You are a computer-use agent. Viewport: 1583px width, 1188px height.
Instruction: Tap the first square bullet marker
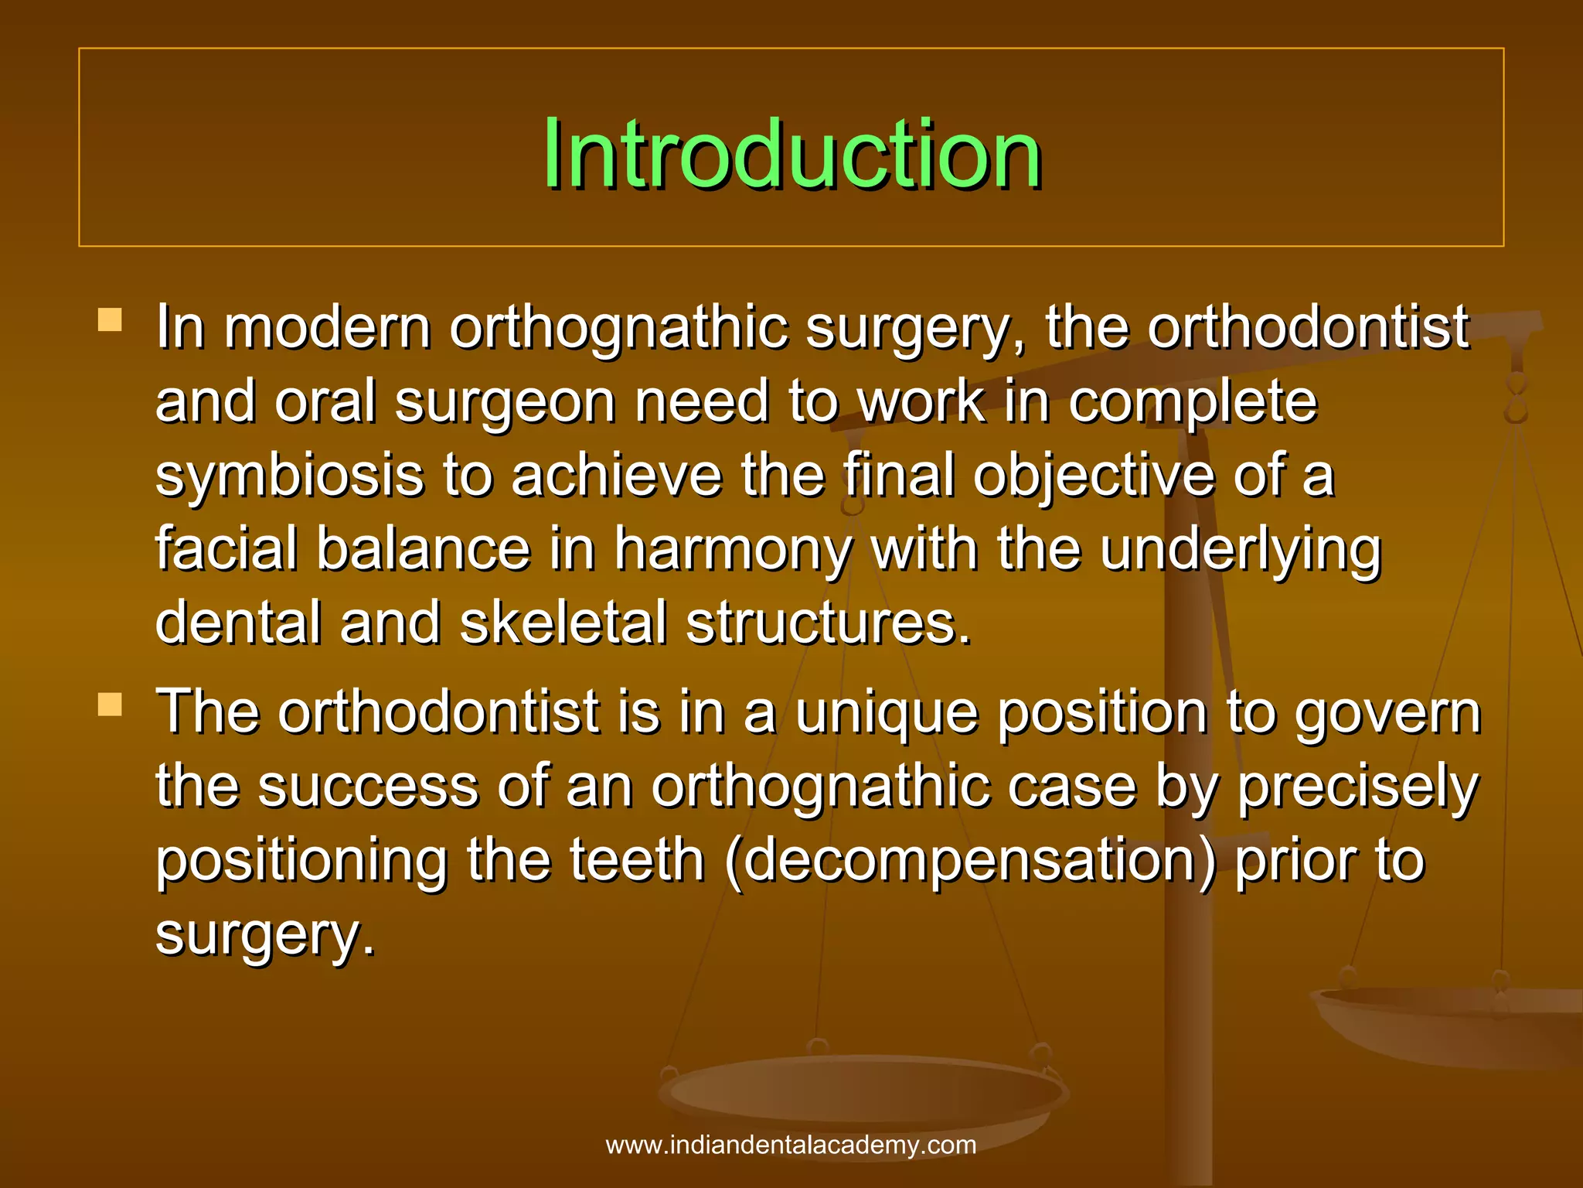(x=111, y=319)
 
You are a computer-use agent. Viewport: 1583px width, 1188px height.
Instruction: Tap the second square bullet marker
(x=111, y=704)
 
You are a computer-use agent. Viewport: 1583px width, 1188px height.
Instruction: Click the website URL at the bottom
(x=791, y=1145)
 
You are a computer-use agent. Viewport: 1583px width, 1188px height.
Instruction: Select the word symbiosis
(x=289, y=476)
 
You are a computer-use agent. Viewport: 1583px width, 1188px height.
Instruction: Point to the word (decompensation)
(x=970, y=860)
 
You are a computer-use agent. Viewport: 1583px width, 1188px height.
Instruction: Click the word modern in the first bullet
(x=327, y=328)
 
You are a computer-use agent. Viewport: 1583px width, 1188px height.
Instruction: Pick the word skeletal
(x=563, y=623)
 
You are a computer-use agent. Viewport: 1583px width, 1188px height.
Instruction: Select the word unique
(x=887, y=713)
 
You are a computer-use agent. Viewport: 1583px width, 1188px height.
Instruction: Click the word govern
(x=1387, y=713)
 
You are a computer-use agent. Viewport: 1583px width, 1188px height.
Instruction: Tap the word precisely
(x=1357, y=787)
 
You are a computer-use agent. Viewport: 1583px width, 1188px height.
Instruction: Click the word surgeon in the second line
(x=505, y=402)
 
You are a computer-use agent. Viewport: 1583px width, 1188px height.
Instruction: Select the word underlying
(x=1240, y=551)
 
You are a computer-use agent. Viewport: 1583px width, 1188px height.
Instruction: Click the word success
(x=368, y=787)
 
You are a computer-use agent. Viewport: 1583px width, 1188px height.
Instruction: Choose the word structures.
(x=827, y=623)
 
